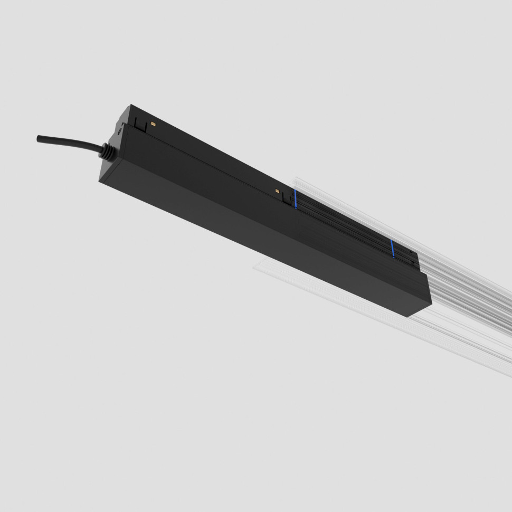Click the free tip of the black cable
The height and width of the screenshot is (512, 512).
tap(39, 138)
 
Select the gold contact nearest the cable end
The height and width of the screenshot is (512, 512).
tap(153, 124)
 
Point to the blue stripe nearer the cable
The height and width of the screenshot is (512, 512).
tap(296, 199)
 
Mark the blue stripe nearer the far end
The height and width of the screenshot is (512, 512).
tap(392, 249)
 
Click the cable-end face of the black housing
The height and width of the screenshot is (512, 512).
tap(111, 158)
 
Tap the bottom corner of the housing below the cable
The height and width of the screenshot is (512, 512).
tap(100, 181)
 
